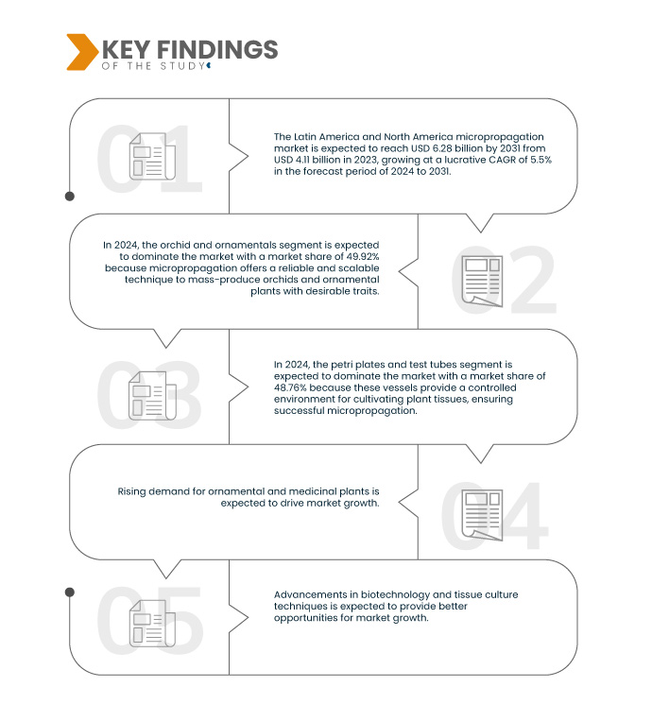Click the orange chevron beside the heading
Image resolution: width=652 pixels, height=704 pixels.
point(82,52)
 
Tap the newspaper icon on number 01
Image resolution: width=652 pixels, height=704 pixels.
point(152,156)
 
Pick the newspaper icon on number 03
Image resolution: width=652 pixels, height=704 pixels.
point(152,396)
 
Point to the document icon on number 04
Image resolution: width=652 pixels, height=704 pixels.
point(482,515)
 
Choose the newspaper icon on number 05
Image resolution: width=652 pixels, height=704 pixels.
point(152,623)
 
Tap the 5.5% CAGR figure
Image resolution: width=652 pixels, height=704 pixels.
point(541,160)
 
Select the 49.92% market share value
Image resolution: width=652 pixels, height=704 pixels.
point(363,256)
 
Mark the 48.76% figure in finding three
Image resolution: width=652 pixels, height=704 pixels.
point(290,387)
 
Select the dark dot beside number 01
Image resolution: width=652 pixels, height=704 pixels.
point(70,197)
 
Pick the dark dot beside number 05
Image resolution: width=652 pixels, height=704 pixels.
point(70,592)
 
